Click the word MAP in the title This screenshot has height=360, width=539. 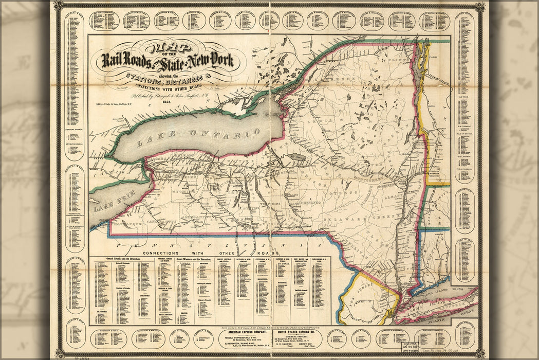pos(169,49)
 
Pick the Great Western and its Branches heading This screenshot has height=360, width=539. pos(193,259)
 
